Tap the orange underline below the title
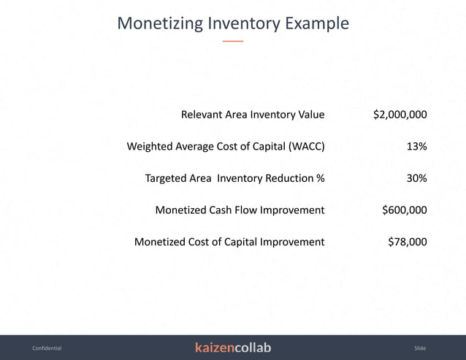(x=232, y=42)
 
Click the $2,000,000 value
(x=400, y=115)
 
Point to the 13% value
(x=416, y=147)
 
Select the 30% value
(x=416, y=178)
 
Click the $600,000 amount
(x=405, y=210)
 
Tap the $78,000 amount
(x=408, y=242)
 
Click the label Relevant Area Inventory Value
(x=253, y=115)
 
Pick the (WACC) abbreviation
(x=307, y=147)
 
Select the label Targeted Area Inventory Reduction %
(x=234, y=178)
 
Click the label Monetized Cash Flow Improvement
(x=240, y=210)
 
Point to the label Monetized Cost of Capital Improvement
(x=229, y=242)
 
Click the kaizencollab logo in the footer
(x=233, y=348)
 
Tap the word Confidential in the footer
(x=47, y=348)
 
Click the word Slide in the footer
(x=419, y=348)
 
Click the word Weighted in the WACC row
(x=149, y=147)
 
